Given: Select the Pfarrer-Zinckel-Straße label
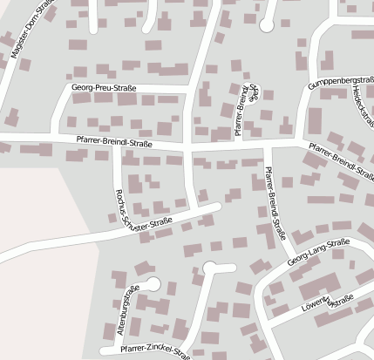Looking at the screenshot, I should (155, 350).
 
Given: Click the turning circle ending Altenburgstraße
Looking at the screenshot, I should (153, 283).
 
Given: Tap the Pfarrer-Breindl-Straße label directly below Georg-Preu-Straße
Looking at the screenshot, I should (108, 143).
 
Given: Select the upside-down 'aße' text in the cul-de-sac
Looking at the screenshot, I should (255, 93).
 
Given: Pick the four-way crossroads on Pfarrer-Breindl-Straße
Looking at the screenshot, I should (190, 146).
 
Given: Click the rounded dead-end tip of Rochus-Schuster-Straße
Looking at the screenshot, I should (217, 206).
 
